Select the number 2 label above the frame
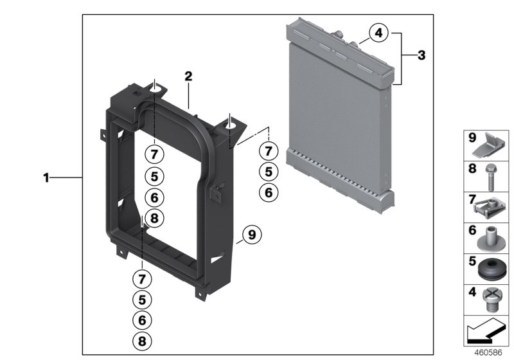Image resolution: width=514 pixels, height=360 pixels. pos(188,76)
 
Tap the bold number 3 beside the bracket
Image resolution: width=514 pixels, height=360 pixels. pos(421,56)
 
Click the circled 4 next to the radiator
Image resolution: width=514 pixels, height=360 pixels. pos(379,33)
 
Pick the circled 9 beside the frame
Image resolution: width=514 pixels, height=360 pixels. pos(252,235)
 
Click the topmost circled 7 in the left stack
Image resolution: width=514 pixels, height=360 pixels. pos(153,154)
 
